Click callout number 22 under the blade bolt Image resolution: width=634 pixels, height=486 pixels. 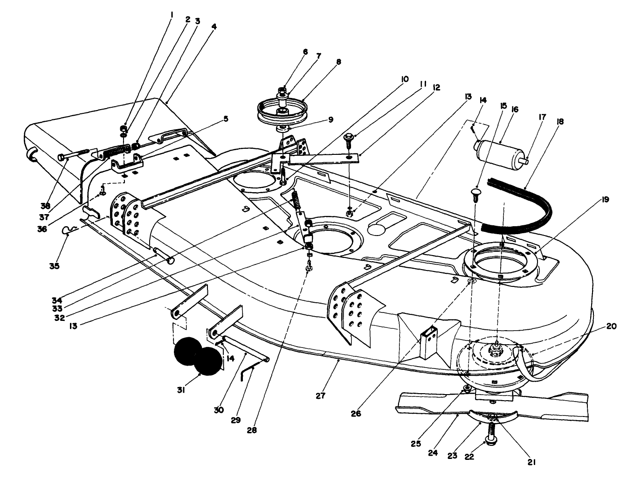(469, 457)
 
